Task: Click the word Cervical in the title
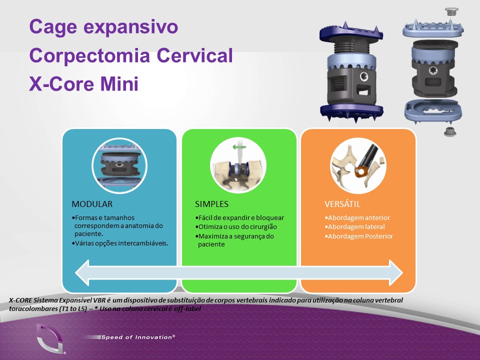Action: click(194, 55)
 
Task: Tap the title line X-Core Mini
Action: click(84, 83)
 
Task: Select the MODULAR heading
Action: click(92, 204)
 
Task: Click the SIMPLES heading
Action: click(211, 204)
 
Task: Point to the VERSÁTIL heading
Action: click(342, 204)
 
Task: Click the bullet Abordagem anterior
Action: click(357, 217)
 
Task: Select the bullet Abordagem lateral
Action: click(355, 227)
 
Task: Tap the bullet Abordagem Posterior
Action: click(359, 236)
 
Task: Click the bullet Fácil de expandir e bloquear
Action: click(239, 217)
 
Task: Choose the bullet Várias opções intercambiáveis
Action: click(120, 243)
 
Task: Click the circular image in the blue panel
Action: click(119, 165)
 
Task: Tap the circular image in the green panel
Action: click(238, 165)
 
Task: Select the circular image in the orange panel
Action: click(358, 165)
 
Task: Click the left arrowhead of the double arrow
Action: click(82, 273)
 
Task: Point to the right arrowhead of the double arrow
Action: click(396, 273)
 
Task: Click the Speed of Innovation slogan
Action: click(138, 337)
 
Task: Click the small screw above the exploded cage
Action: click(451, 11)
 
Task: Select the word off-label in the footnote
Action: click(187, 308)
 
